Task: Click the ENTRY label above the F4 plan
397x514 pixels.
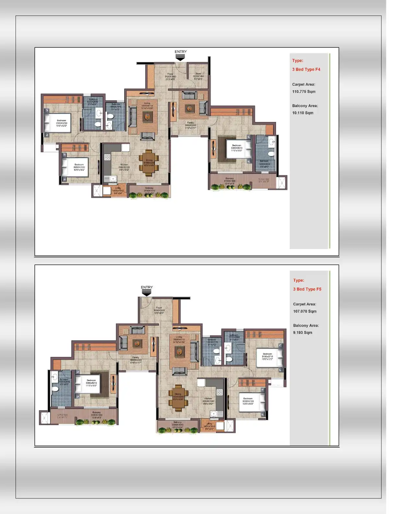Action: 181,52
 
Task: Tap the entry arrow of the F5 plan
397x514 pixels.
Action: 147,293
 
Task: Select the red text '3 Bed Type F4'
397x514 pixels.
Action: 306,69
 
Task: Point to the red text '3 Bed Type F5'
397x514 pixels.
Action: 307,289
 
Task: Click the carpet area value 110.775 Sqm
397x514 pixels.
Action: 304,92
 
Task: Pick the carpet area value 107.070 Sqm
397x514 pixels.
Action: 305,311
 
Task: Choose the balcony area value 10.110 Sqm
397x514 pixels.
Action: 303,113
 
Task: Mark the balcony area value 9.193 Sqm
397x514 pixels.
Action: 303,333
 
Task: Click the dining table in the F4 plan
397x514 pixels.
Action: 149,163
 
